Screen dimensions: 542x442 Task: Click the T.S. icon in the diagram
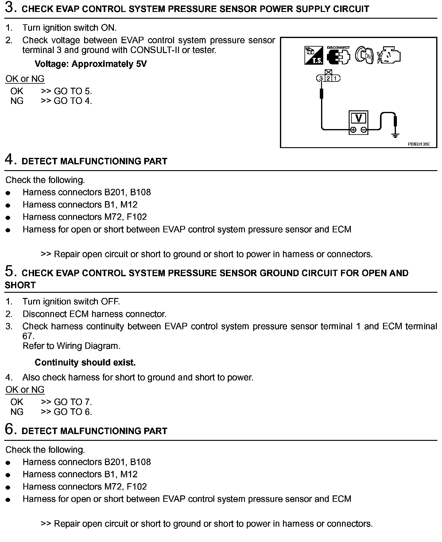point(313,55)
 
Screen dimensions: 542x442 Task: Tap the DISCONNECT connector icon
point(338,56)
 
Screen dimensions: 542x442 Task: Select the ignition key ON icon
point(364,56)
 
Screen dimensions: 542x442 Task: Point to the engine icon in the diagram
point(389,55)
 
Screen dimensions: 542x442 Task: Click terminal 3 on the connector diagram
point(321,78)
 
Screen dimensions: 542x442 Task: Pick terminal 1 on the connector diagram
point(335,78)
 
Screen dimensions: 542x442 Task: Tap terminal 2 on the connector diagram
point(328,78)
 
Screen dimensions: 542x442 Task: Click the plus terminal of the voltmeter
point(353,130)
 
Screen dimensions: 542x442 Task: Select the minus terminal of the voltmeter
point(364,130)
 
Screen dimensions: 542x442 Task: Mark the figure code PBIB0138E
point(419,144)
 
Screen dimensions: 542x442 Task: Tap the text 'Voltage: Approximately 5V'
point(91,64)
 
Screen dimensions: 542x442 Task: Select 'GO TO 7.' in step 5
point(73,402)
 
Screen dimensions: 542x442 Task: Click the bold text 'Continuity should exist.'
point(85,362)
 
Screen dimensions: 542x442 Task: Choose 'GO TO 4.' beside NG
point(73,101)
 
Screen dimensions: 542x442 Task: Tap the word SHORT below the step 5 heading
point(20,285)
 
